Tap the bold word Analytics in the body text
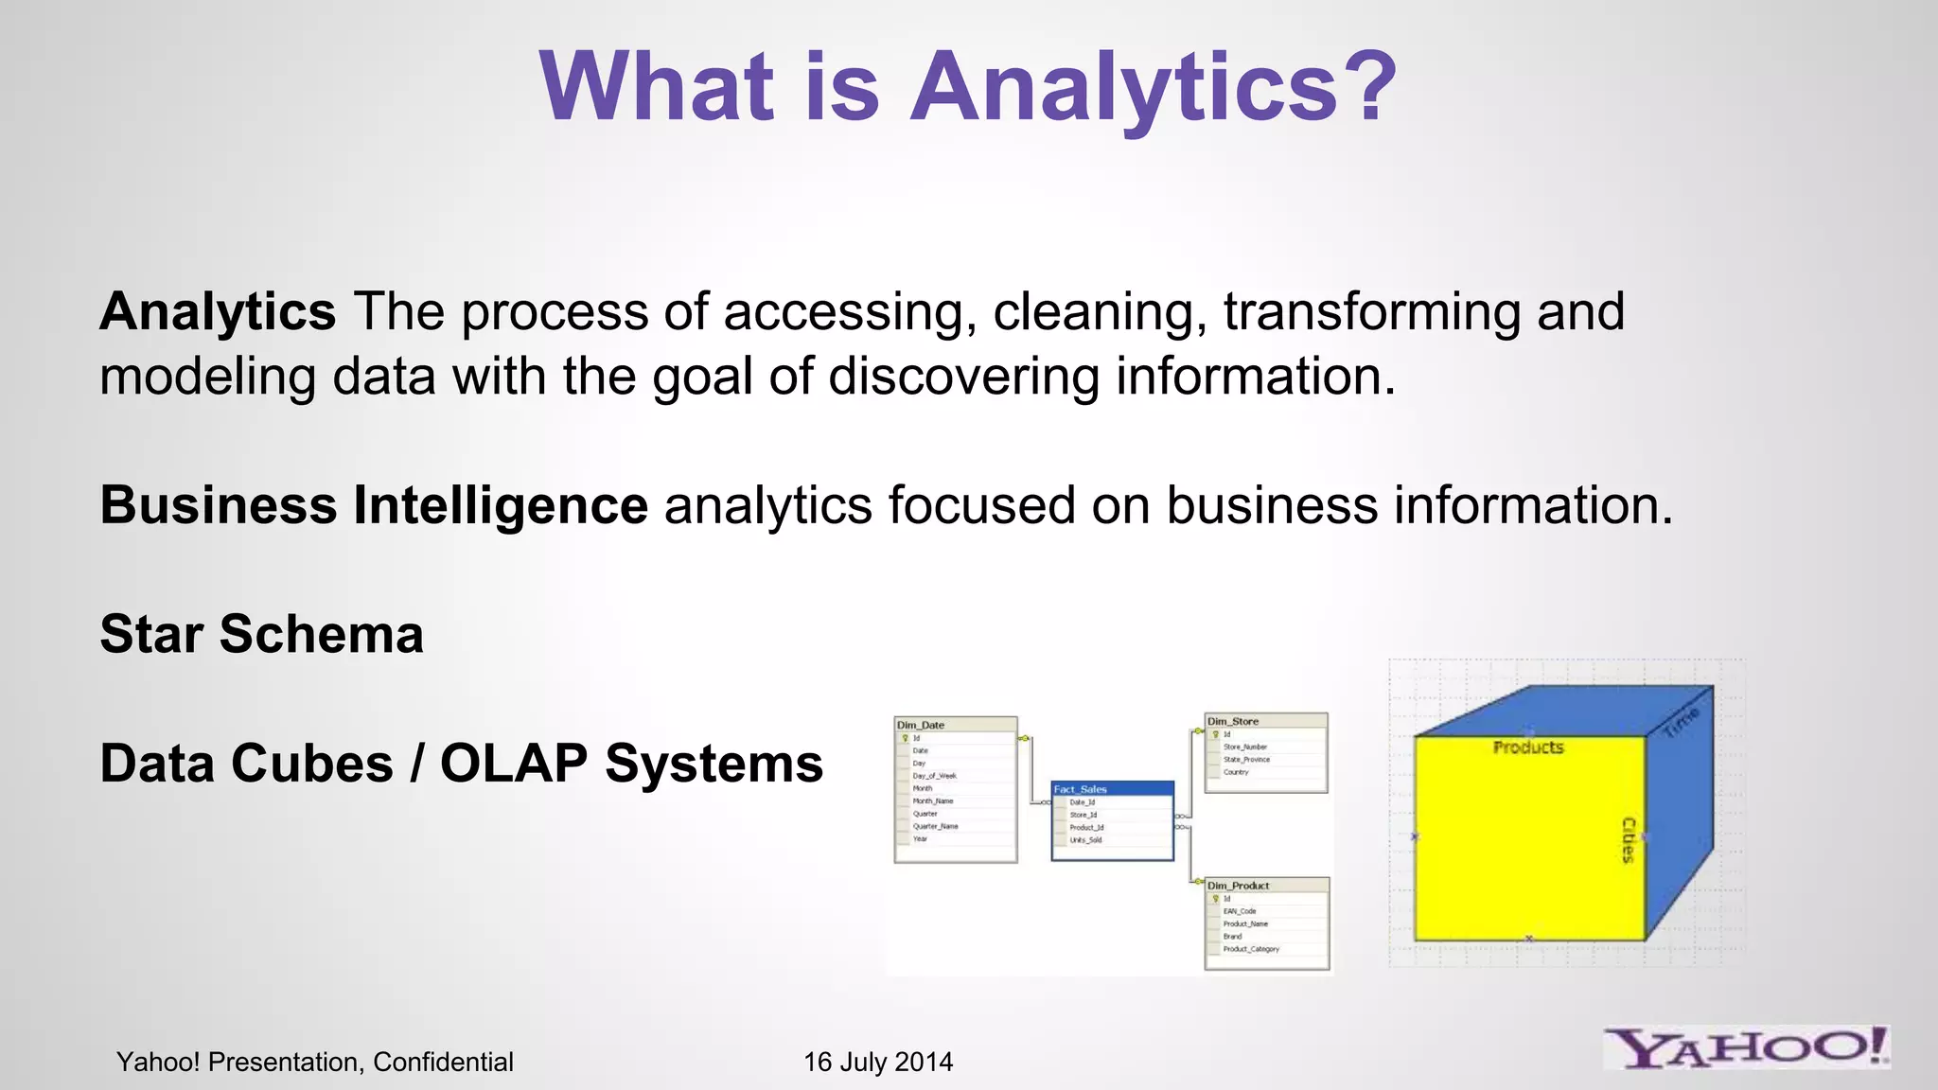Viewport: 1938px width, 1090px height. [x=218, y=311]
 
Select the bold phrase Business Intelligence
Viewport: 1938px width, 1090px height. [x=374, y=504]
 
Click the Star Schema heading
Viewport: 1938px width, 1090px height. [x=261, y=634]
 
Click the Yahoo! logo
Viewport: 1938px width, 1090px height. [x=1746, y=1047]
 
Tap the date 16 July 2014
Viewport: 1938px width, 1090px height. [x=878, y=1062]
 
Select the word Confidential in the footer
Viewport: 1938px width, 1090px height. [x=443, y=1062]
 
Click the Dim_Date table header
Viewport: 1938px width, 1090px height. [x=921, y=725]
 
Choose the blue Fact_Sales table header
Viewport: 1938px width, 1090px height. [x=1081, y=789]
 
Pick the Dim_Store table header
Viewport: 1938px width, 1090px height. [x=1233, y=721]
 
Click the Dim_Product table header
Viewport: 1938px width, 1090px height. [x=1239, y=886]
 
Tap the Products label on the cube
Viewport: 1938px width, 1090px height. [x=1528, y=747]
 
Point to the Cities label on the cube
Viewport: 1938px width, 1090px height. [x=1628, y=840]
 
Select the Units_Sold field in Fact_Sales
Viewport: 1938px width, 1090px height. [x=1085, y=840]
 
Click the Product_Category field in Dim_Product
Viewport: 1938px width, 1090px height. [x=1251, y=949]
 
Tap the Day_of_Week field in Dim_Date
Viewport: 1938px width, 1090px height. [x=934, y=776]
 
